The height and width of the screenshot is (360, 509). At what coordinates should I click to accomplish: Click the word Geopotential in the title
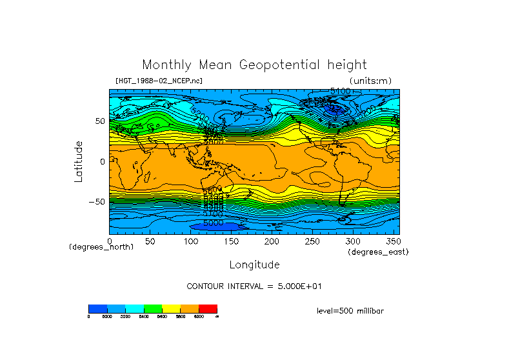281,65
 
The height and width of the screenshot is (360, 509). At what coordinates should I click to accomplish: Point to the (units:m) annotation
370,81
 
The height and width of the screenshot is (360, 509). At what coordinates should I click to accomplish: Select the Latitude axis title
78,161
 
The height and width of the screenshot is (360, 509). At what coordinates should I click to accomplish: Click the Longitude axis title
254,265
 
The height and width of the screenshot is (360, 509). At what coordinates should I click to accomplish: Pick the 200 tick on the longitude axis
272,241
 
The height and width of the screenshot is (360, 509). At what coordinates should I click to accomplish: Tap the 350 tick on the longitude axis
392,241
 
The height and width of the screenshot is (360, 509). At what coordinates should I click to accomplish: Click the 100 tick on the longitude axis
191,241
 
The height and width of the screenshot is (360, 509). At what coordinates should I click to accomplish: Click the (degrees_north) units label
101,247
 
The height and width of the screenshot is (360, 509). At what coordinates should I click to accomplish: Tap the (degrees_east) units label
378,252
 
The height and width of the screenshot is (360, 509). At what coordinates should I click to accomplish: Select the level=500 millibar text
350,310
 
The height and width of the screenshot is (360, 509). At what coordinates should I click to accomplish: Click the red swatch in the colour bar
208,308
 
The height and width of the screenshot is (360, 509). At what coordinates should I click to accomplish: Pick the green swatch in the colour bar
153,308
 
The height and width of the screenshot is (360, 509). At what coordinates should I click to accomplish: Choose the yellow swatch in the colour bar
171,308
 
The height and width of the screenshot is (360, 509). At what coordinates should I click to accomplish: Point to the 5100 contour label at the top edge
340,92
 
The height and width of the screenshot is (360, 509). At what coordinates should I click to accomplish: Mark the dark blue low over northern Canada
334,110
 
